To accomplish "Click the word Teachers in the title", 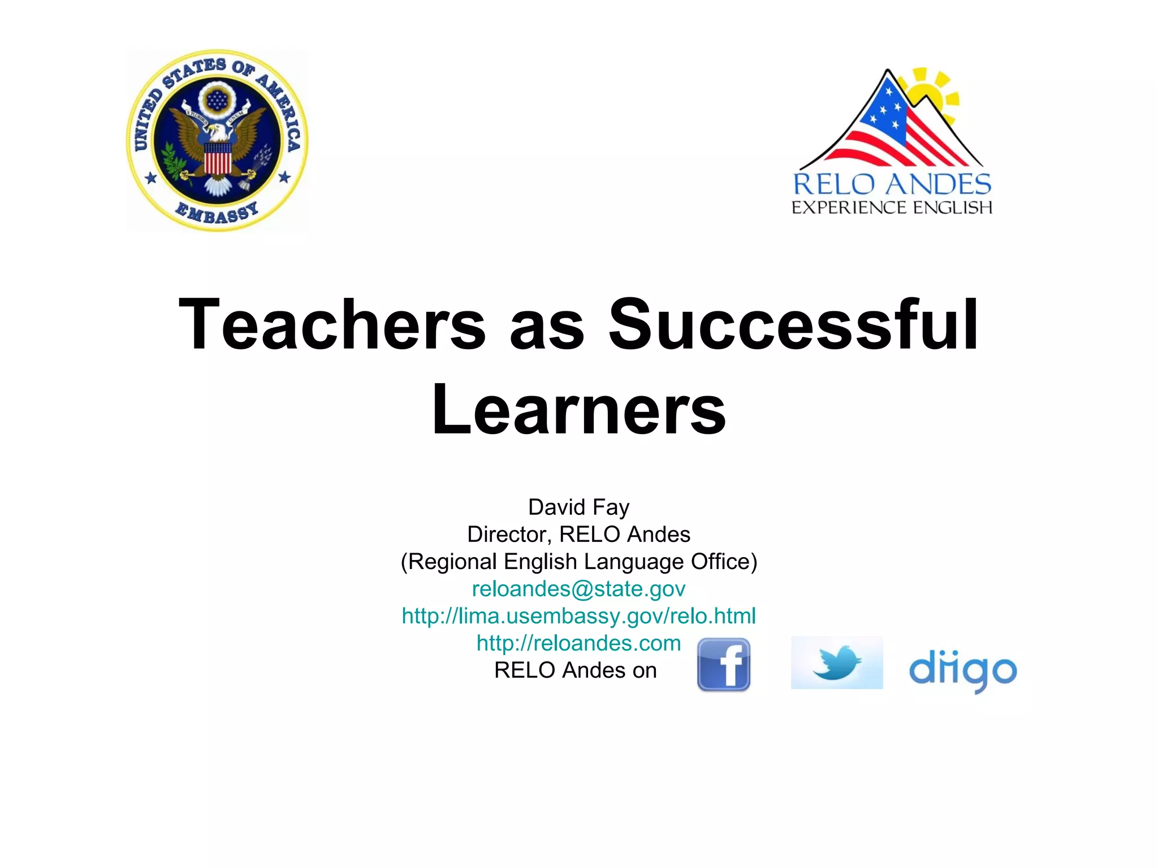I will click(x=332, y=324).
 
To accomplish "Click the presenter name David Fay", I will click(x=578, y=507).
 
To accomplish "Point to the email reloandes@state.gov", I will click(x=578, y=589).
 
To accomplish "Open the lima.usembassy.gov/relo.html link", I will click(x=578, y=616).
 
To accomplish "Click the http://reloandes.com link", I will click(x=578, y=643).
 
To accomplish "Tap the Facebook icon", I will click(x=724, y=665).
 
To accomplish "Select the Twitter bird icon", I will click(x=837, y=663).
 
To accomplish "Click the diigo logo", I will click(x=963, y=670).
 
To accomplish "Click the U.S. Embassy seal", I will click(x=217, y=140).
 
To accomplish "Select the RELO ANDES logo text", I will click(x=892, y=185).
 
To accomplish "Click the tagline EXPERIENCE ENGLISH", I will click(x=892, y=208).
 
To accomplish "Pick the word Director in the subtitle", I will click(x=507, y=535).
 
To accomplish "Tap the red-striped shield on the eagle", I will click(x=218, y=159).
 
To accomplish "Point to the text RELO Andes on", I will click(x=575, y=671).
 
